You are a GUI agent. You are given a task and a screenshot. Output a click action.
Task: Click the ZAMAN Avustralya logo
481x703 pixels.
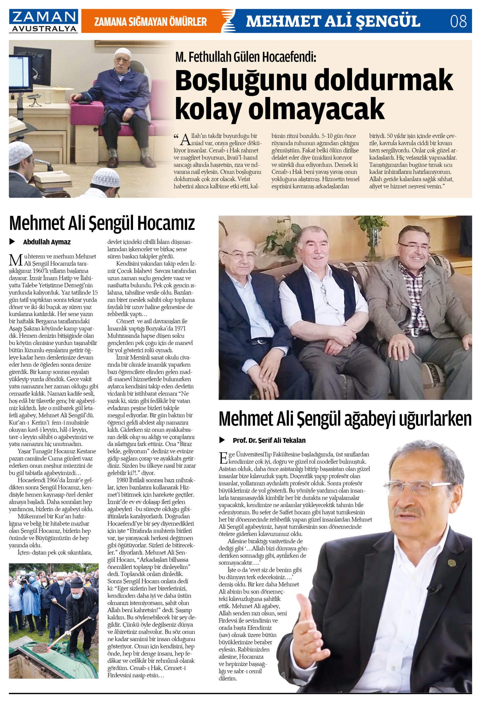[x=44, y=21]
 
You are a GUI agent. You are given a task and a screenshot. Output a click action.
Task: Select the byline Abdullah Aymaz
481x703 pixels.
[x=47, y=242]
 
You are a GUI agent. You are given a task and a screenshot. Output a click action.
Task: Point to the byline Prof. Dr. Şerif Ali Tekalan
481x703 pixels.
[x=269, y=440]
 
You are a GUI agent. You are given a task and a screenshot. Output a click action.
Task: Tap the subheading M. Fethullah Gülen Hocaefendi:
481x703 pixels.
[x=245, y=57]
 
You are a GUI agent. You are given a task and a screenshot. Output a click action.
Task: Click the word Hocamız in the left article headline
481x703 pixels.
[x=166, y=223]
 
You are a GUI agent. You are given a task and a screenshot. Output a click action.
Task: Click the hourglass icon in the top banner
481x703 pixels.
[x=228, y=21]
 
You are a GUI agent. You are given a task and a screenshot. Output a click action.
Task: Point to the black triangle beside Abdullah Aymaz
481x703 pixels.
[x=12, y=242]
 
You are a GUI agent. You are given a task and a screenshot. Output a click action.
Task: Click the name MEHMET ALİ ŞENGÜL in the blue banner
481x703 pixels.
[x=333, y=21]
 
